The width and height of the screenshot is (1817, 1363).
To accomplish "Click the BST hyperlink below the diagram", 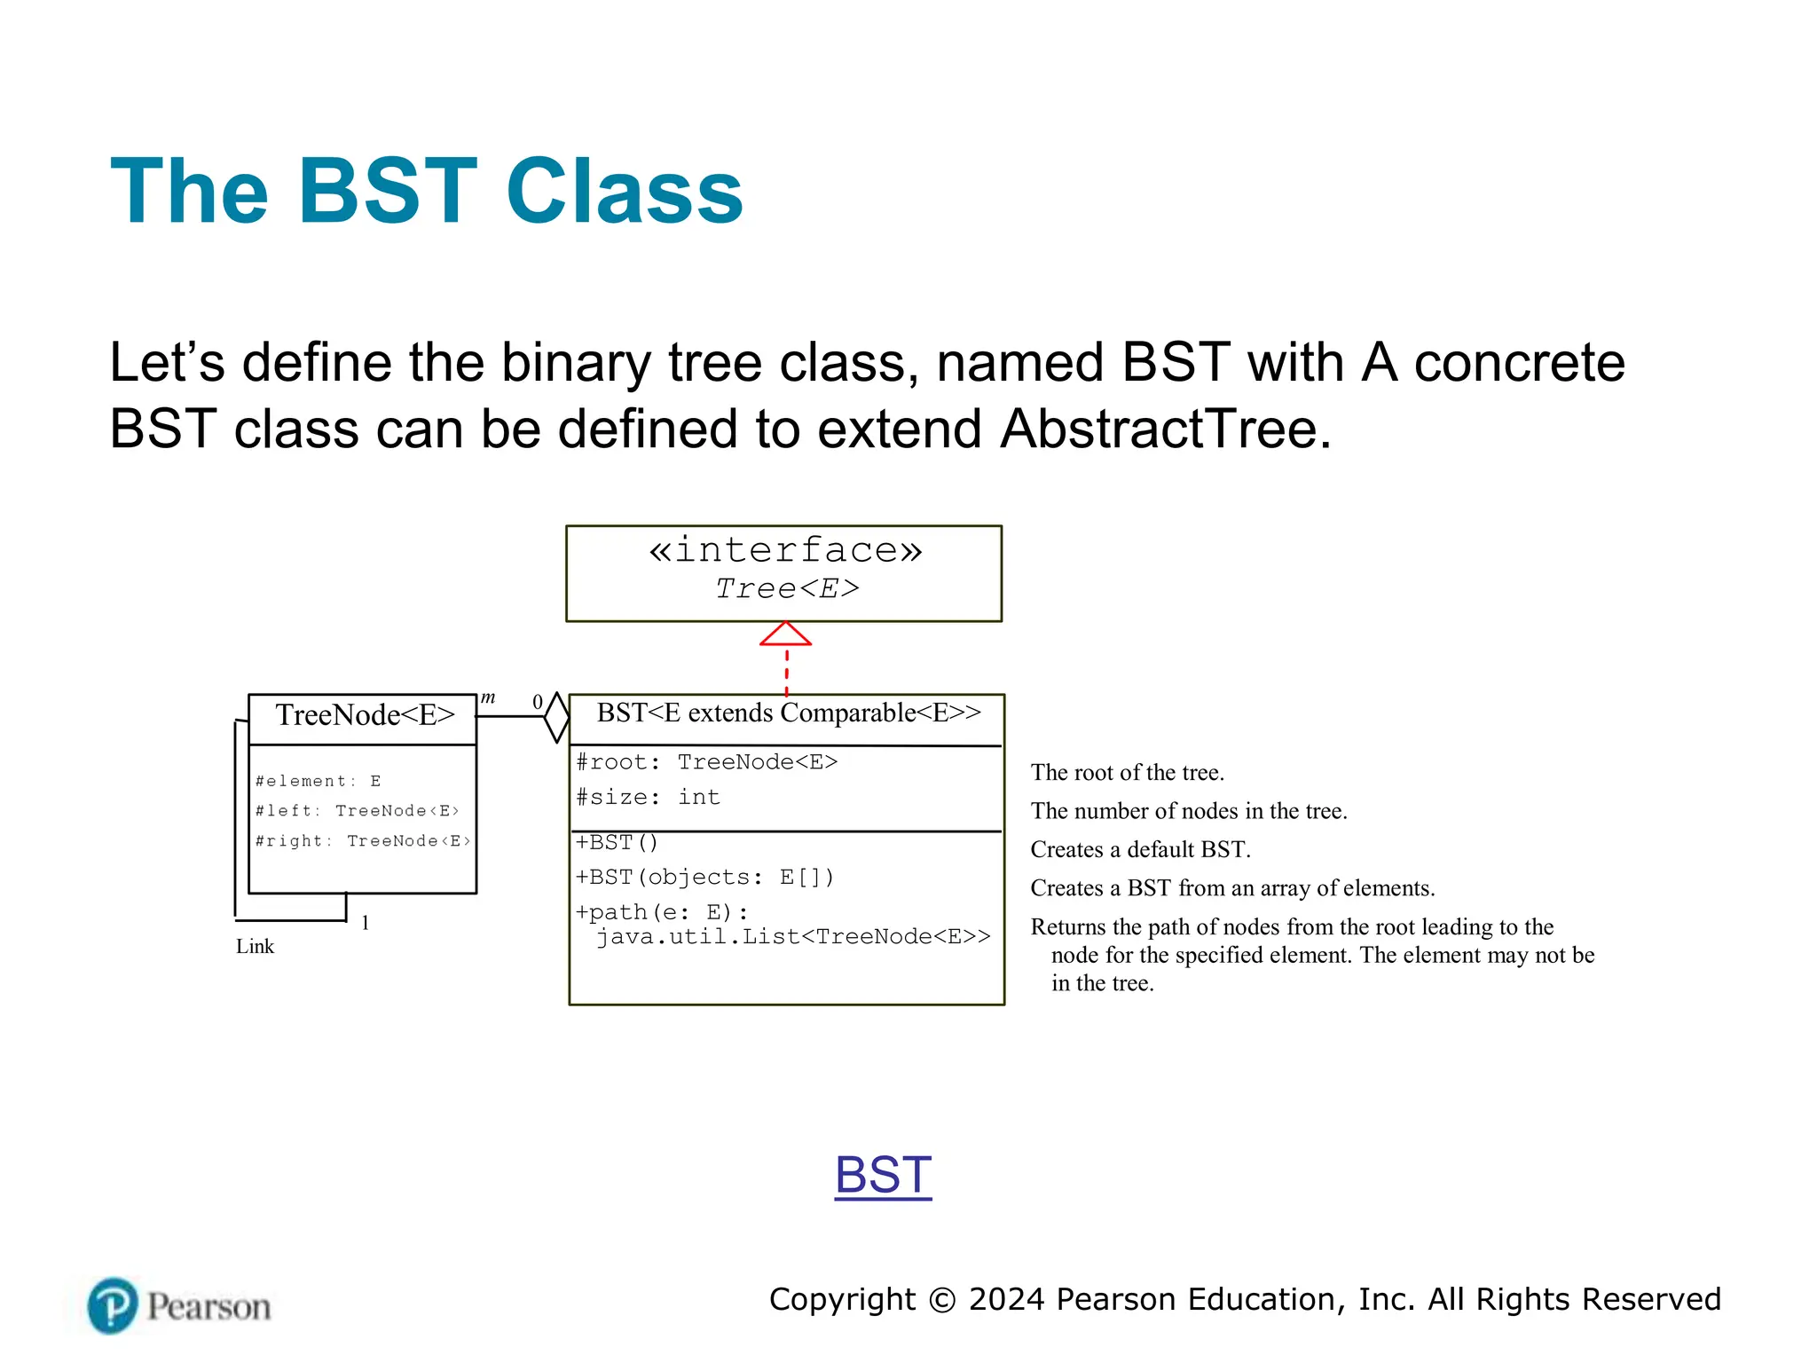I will [x=883, y=1175].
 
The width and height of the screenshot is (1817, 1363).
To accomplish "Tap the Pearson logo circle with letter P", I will [x=113, y=1305].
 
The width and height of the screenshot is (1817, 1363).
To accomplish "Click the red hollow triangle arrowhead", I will [x=786, y=634].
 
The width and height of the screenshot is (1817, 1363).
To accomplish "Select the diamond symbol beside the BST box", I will [x=556, y=717].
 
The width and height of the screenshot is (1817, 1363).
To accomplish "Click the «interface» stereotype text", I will [x=785, y=550].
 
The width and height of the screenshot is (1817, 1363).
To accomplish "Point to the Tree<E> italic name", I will [x=787, y=588].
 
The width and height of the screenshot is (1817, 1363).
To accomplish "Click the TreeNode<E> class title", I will [x=365, y=715].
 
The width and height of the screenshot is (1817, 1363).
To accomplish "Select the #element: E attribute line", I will [x=318, y=781].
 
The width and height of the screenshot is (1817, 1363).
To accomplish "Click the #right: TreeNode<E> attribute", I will [x=362, y=840].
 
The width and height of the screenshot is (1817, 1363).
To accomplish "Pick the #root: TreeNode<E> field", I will [x=706, y=762].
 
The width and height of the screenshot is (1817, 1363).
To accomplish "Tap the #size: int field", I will [x=648, y=797].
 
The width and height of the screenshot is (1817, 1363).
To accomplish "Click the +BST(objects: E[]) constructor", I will [x=704, y=877].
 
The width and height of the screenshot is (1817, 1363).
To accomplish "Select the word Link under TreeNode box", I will [x=255, y=947].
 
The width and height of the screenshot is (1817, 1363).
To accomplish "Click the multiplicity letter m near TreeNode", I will [x=488, y=698].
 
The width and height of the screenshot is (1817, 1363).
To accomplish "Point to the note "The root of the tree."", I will [x=1127, y=773].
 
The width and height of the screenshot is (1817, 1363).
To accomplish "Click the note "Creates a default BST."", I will [x=1140, y=850].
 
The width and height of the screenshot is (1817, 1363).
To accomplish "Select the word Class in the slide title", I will [x=625, y=192].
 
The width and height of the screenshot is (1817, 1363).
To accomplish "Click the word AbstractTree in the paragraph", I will [x=1165, y=429].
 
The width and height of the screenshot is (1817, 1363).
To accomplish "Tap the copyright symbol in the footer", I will [x=942, y=1300].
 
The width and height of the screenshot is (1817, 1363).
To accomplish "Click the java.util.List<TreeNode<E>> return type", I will [x=792, y=937].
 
